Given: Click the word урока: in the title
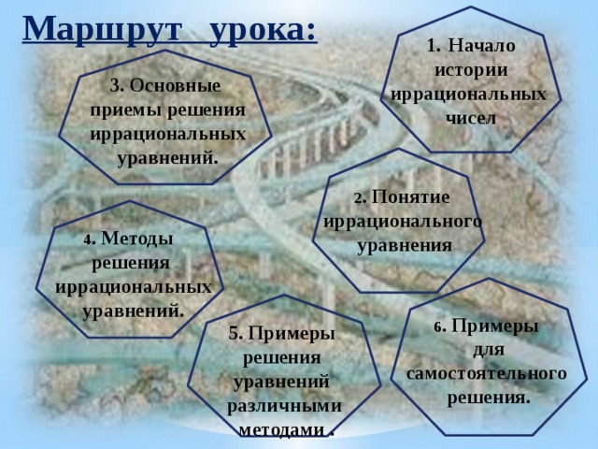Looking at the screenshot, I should click(263, 29).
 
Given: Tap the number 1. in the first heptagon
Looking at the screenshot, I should click(434, 45).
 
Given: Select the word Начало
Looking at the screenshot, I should click(481, 45).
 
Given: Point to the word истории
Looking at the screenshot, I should click(471, 69).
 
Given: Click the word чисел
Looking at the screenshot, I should click(470, 118).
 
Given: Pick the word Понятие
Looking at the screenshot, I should click(410, 197).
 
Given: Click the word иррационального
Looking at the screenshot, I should click(403, 222).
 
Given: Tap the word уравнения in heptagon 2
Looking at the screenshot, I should click(404, 245).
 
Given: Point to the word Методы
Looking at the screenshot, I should click(135, 239).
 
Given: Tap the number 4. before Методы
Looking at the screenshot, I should click(89, 239).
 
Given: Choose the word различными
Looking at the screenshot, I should click(284, 406).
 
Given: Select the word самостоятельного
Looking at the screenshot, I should click(487, 373).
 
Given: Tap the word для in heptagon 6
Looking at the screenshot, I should click(489, 350).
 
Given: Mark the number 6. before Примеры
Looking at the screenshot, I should click(439, 326).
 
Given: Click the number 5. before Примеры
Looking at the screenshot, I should click(235, 333).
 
